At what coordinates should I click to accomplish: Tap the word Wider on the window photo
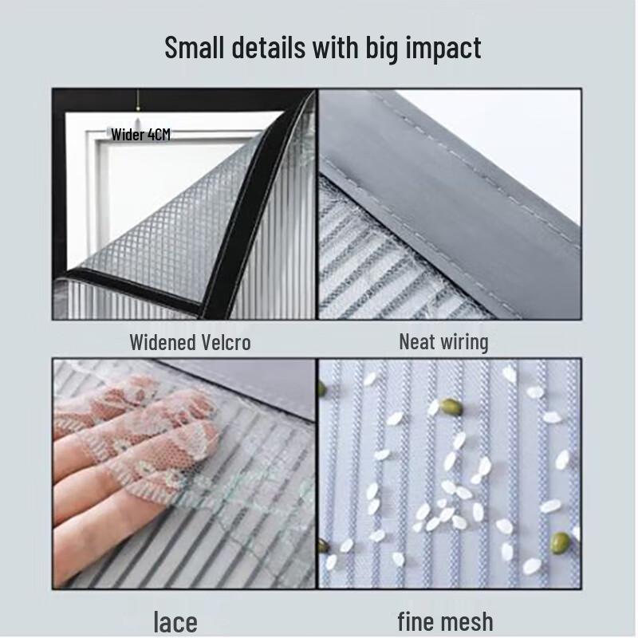point(128,134)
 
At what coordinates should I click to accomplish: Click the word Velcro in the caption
point(225,342)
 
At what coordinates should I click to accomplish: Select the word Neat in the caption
point(416,342)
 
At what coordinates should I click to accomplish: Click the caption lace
point(175,621)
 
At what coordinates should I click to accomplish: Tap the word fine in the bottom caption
point(418,620)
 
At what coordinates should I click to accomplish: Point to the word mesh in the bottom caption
point(468,620)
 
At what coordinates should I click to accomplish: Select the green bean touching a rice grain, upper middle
point(451,407)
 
